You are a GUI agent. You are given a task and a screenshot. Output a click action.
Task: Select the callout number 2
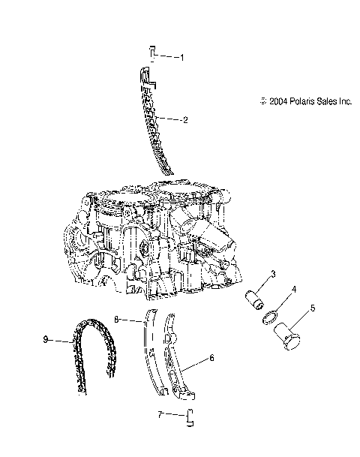point(184,119)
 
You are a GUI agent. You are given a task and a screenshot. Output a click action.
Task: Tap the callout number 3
point(274,273)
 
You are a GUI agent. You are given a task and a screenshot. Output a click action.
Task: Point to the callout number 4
point(294,288)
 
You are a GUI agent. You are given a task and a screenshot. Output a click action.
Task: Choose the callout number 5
point(313,307)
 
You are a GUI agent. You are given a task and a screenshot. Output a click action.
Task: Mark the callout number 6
point(211,359)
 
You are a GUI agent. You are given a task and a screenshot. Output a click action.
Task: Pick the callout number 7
point(160,413)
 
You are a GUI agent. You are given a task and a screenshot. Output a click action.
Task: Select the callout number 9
point(46,340)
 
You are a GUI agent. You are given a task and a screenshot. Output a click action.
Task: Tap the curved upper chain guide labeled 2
point(154,120)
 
